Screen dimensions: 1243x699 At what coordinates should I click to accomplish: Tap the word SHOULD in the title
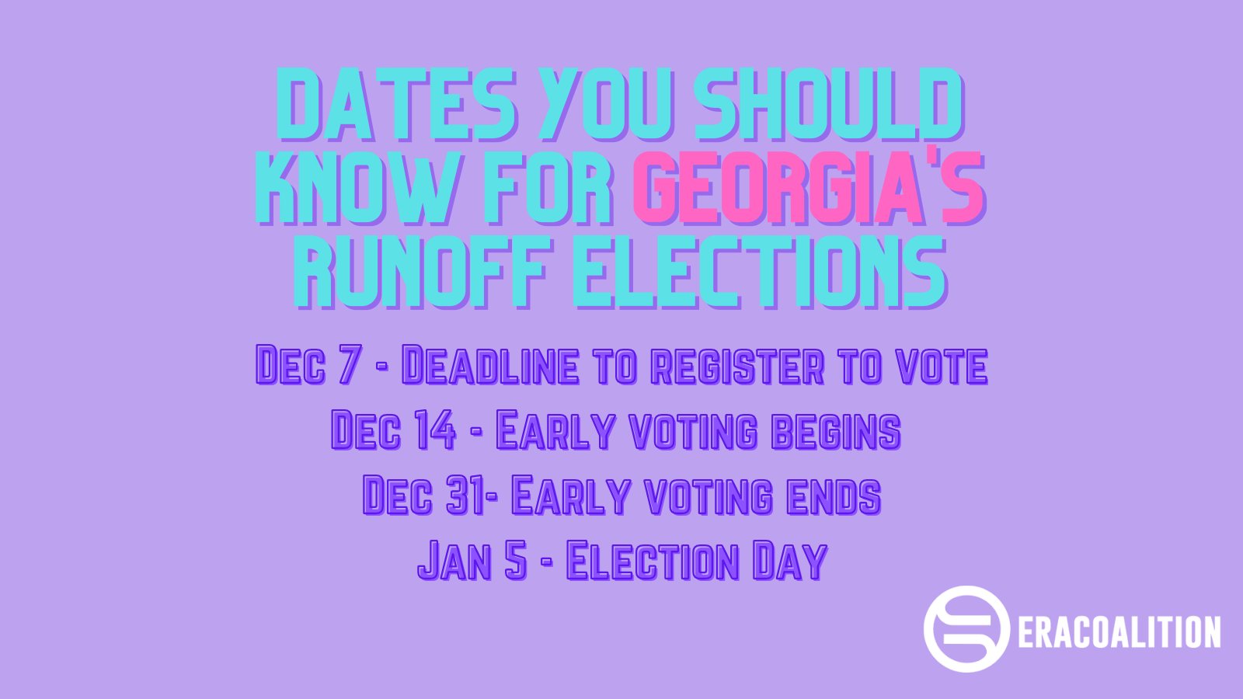point(830,104)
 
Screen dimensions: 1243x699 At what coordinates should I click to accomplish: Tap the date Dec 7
point(309,364)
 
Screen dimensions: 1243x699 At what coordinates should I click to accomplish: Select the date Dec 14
point(393,429)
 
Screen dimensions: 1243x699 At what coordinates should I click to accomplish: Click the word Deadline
point(490,364)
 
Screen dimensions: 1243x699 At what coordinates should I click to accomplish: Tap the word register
point(737,364)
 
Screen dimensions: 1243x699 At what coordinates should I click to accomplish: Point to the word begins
point(837,430)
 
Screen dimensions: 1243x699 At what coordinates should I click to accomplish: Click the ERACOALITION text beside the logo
point(1119,631)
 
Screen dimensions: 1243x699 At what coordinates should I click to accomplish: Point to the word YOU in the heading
point(606,104)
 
